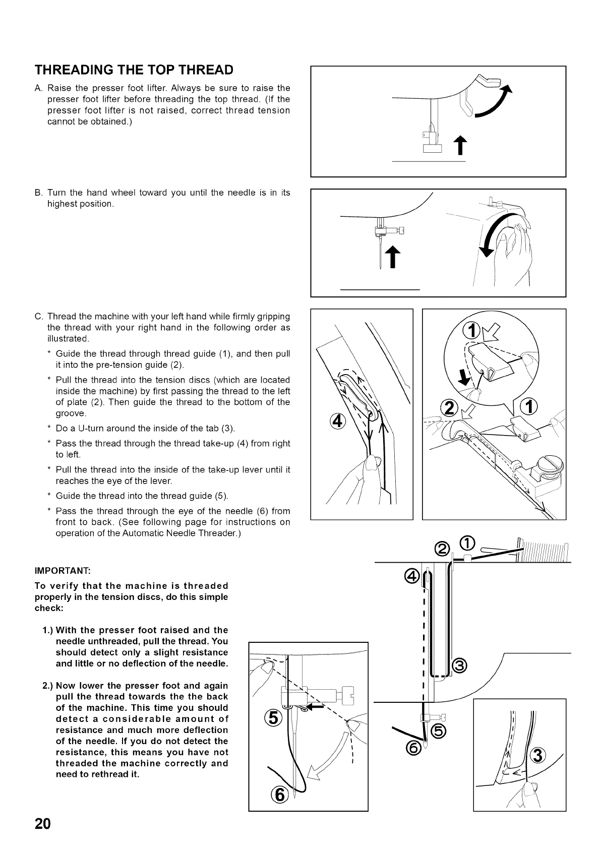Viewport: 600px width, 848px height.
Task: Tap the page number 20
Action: coord(43,824)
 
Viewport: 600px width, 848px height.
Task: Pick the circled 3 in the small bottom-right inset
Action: coord(538,756)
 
